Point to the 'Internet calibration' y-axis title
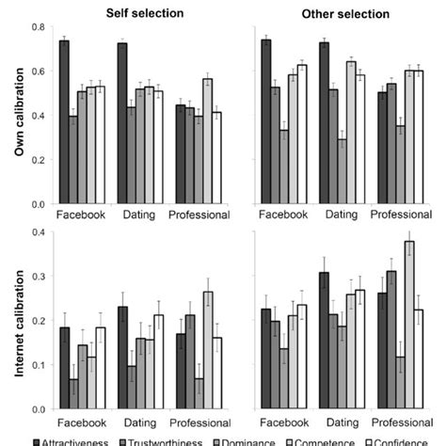pos(11,320)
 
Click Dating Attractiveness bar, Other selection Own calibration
pos(325,123)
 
